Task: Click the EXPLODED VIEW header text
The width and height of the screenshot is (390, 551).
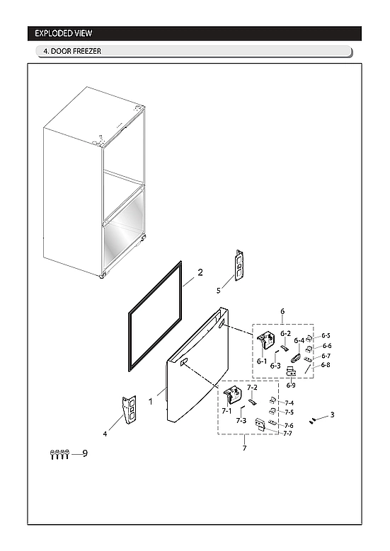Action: [x=64, y=33]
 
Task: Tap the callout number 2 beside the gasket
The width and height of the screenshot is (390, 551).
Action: [x=200, y=272]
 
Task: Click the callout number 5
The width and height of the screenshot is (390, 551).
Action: [x=219, y=290]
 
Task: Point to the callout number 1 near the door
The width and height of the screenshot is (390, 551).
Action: [x=151, y=401]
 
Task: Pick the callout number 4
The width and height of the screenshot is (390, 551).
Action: [x=105, y=433]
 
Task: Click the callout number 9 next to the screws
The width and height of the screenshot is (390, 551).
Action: [x=84, y=453]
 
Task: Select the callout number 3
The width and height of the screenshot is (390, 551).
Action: [x=333, y=414]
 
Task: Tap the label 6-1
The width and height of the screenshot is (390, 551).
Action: [x=261, y=361]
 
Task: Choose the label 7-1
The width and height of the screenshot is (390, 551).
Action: [x=226, y=410]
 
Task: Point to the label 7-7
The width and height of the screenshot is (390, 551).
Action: [x=288, y=433]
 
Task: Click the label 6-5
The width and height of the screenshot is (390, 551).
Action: [x=326, y=335]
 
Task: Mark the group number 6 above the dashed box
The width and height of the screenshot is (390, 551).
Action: [x=282, y=311]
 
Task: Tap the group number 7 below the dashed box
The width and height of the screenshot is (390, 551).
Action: [x=244, y=448]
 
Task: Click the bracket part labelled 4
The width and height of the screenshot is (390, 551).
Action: [x=128, y=411]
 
